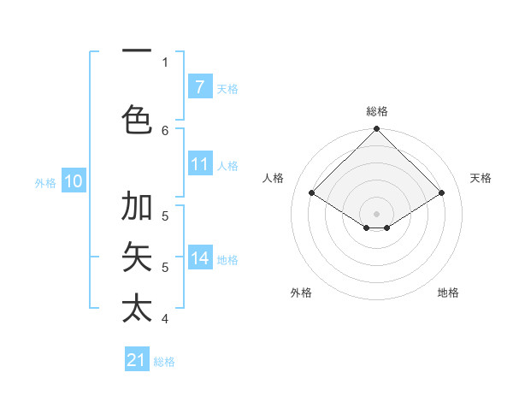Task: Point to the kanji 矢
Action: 137,257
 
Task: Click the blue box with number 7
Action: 199,87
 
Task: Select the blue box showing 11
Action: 199,165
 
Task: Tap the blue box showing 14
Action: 199,259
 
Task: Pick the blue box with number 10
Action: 73,181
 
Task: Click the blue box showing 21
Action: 137,361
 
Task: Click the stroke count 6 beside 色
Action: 165,130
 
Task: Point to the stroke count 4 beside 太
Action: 165,319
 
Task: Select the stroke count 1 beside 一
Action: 165,62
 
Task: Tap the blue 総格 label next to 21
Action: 164,362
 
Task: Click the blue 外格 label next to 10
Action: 45,182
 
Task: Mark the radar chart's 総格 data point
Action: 376,129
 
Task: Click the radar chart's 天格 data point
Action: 442,192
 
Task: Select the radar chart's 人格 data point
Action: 311,192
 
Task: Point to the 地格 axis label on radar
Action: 448,293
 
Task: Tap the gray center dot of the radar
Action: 376,213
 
